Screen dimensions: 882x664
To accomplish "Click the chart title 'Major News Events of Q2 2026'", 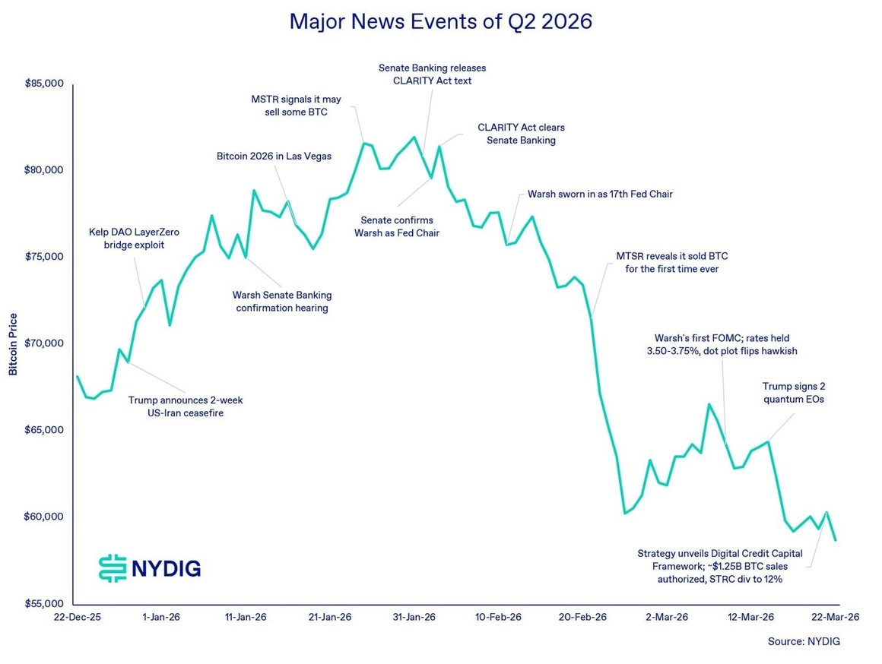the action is tap(440, 21).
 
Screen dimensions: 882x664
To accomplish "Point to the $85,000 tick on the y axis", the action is tap(44, 84).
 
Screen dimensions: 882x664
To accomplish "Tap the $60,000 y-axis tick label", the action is tap(44, 517).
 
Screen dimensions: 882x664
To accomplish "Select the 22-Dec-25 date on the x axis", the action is tap(78, 617).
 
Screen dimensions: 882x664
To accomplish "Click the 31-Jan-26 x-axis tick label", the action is tap(414, 617).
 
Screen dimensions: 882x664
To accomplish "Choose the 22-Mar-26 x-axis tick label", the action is tap(836, 617).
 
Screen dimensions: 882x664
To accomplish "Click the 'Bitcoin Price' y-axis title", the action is tap(13, 344).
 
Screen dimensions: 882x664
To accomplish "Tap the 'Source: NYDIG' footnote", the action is tap(804, 641).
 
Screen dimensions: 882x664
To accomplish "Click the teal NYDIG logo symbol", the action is tap(113, 568).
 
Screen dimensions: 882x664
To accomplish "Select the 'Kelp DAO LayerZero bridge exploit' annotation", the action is tap(134, 239).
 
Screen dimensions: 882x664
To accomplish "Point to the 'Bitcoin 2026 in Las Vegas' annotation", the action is tap(274, 157).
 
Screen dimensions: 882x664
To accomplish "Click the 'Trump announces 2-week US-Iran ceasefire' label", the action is tap(186, 406).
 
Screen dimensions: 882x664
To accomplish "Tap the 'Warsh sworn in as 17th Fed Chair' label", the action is tap(600, 194).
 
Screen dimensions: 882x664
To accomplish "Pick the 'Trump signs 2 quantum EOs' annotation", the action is tap(794, 393).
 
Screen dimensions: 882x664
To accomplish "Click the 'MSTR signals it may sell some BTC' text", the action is tap(296, 106).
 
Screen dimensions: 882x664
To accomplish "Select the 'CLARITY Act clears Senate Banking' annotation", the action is tap(521, 134).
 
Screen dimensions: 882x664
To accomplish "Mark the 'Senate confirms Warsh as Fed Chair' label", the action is tap(397, 226).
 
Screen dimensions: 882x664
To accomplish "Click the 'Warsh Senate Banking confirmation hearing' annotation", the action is tap(282, 302).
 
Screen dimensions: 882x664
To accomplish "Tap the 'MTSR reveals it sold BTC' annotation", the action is tap(671, 263).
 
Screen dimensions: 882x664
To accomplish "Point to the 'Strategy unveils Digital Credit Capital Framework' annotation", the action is tap(720, 566).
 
